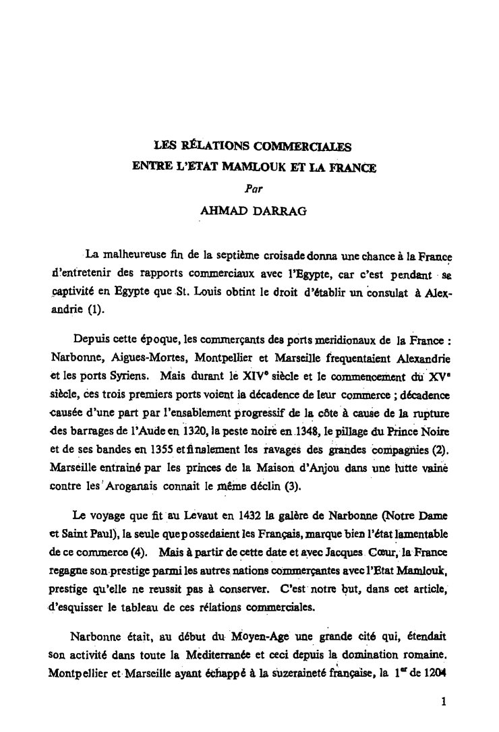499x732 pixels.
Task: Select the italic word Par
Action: [x=254, y=190]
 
